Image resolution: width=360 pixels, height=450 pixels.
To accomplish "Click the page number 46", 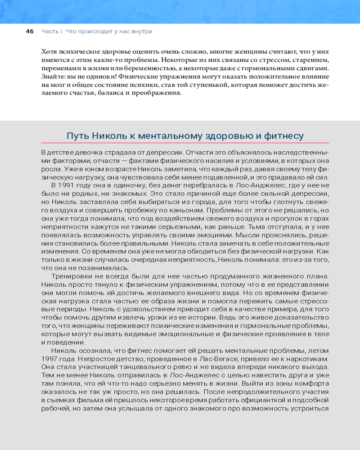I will [30, 31].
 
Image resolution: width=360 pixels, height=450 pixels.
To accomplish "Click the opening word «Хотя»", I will [49, 51].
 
